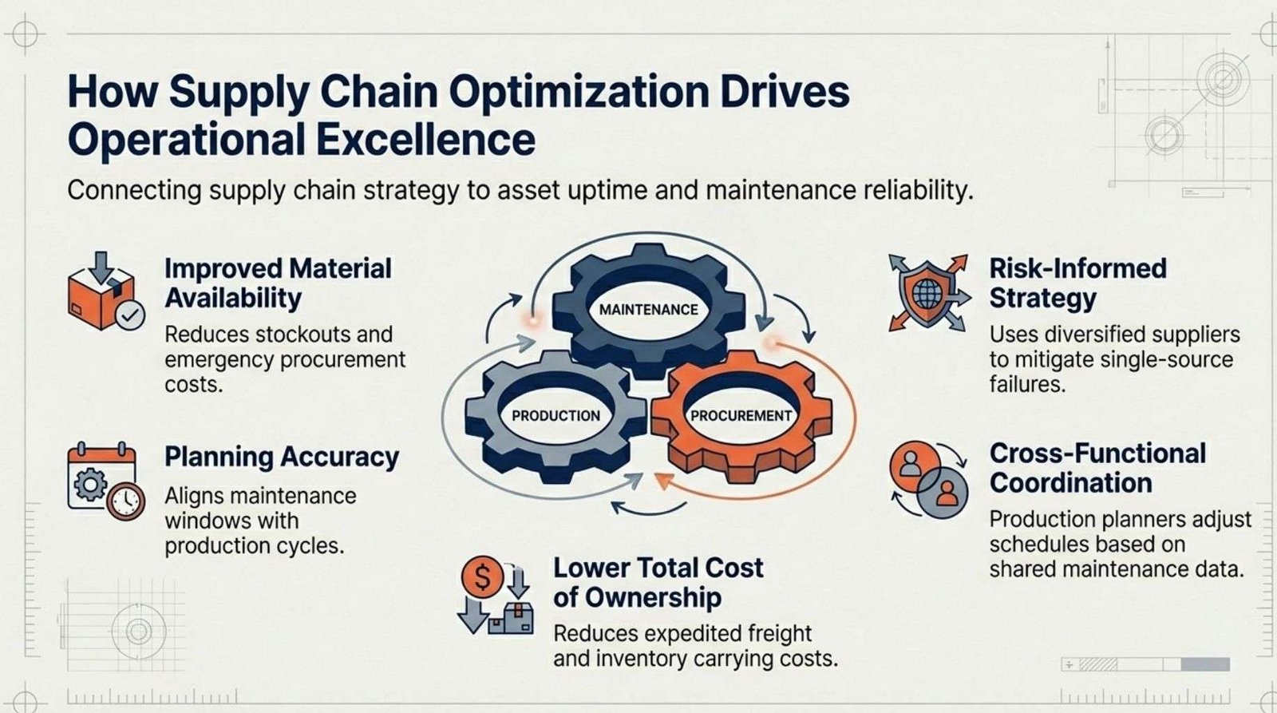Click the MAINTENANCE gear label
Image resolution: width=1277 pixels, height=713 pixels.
click(648, 310)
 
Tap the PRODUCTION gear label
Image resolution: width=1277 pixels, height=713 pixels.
click(555, 416)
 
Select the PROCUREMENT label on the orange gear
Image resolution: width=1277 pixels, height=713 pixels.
click(741, 416)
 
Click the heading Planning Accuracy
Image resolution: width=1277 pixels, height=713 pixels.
click(282, 457)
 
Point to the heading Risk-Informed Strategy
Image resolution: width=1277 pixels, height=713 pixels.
click(1077, 283)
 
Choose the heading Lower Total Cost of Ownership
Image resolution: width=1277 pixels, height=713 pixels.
click(658, 582)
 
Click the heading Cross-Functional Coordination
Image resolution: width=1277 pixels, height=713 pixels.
click(1097, 469)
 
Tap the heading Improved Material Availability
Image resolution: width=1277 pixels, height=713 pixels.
click(279, 283)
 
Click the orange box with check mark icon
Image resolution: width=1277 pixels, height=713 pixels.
click(106, 291)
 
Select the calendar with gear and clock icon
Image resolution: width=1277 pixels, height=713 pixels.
click(106, 481)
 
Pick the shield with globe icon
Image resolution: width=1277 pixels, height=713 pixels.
click(929, 293)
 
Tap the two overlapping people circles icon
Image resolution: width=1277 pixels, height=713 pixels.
click(929, 479)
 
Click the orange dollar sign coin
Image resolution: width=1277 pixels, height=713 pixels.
click(482, 576)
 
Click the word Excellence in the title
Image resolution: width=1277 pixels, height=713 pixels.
click(426, 140)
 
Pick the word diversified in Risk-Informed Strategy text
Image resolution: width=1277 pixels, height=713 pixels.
click(1097, 335)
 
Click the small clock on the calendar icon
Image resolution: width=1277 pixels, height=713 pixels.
click(126, 501)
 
